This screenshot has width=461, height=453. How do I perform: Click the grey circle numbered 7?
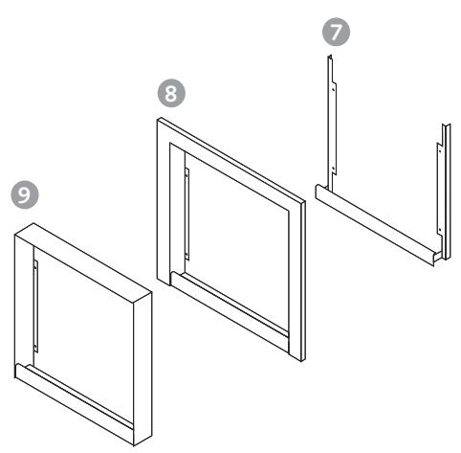(x=336, y=32)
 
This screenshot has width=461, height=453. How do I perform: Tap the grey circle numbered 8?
(x=171, y=93)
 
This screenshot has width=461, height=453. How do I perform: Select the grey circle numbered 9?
(x=25, y=194)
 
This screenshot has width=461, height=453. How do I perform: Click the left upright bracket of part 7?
(x=331, y=122)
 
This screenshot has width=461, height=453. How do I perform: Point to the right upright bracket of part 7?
(x=444, y=192)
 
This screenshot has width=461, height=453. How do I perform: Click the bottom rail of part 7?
(x=376, y=224)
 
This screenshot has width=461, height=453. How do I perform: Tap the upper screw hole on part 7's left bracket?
(x=333, y=89)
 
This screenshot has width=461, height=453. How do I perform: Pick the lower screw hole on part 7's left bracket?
(x=333, y=168)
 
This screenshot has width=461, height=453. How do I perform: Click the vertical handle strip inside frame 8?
(x=187, y=214)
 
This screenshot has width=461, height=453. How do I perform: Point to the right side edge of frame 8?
(x=302, y=281)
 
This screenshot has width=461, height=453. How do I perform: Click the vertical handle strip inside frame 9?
(x=35, y=306)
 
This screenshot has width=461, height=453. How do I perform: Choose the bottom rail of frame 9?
(x=75, y=403)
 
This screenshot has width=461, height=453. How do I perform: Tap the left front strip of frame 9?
(x=24, y=304)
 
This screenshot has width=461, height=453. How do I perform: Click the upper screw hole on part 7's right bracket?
(x=440, y=150)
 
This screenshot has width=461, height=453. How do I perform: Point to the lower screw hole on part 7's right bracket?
(x=440, y=229)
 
